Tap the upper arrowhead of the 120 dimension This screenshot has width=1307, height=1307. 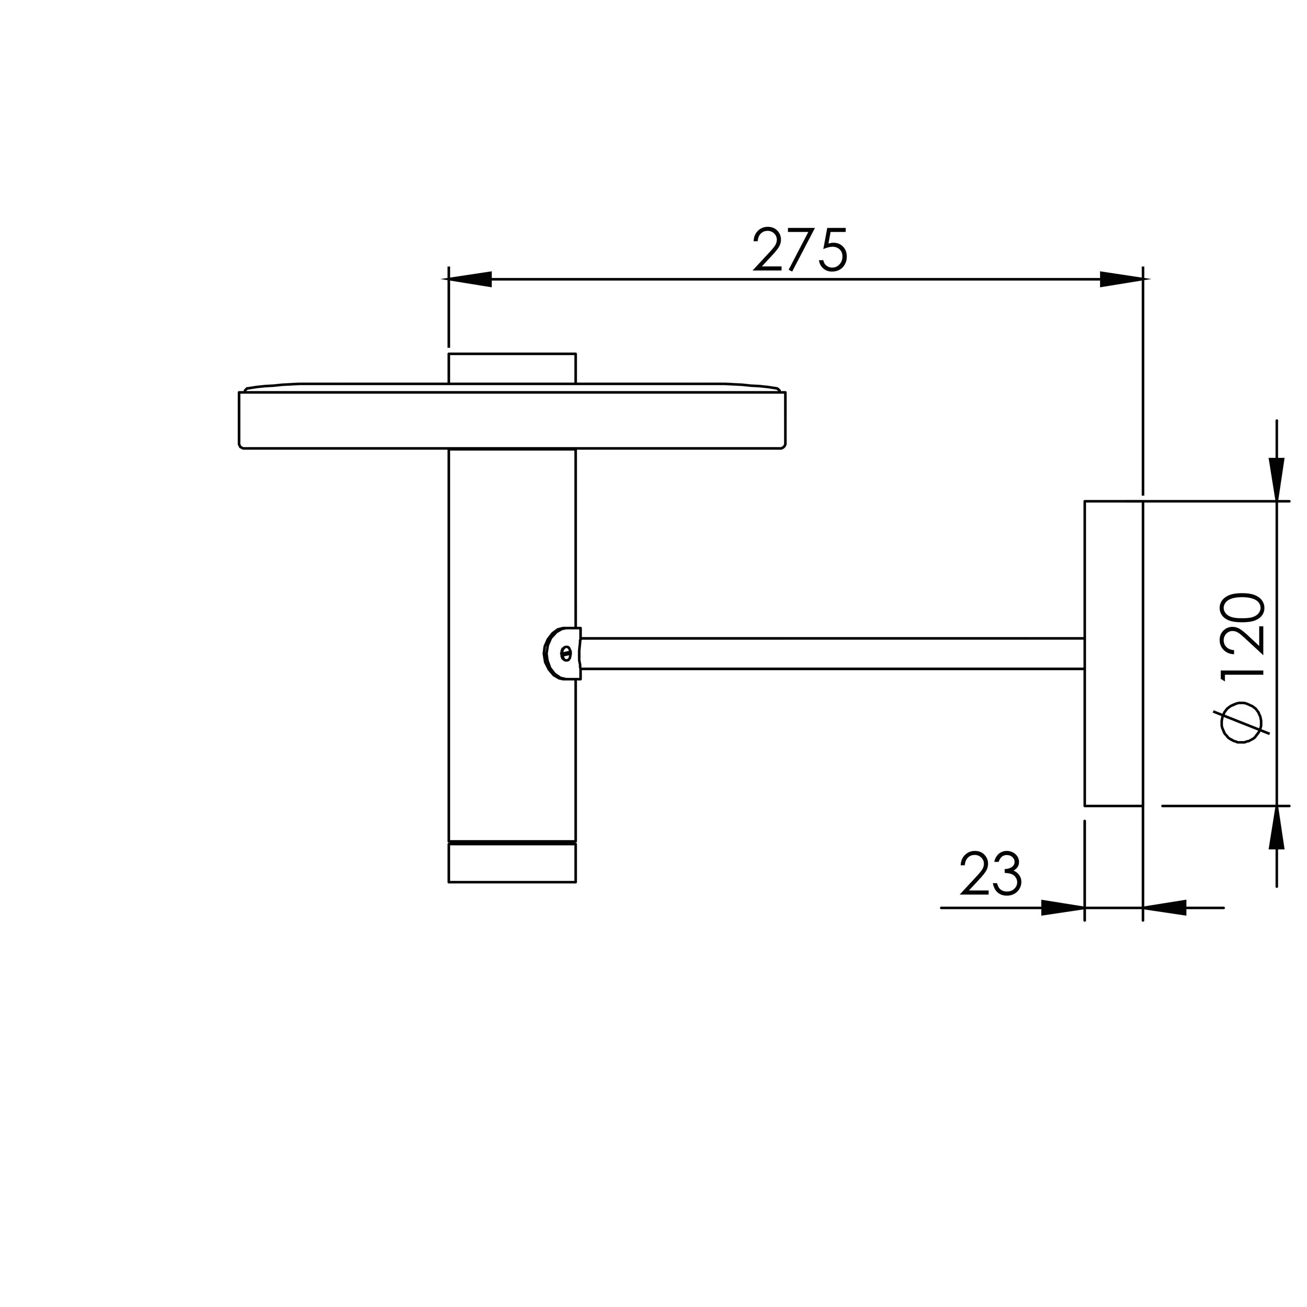1277,480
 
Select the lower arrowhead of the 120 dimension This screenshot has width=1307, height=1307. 1277,827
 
